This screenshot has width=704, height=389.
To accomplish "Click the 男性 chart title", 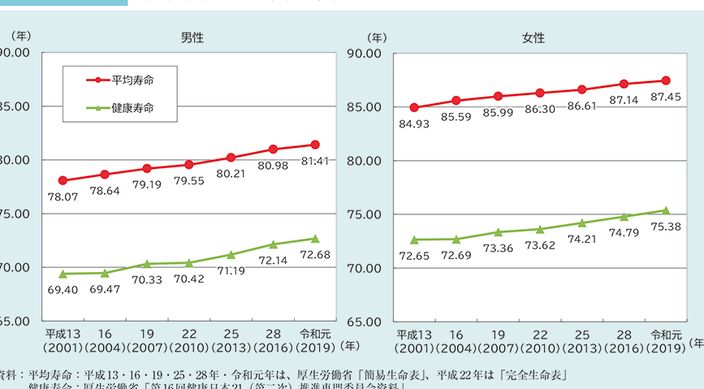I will point(192,37).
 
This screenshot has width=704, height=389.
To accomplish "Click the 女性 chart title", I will point(533,37).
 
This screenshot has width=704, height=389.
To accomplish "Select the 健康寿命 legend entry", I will point(132,107).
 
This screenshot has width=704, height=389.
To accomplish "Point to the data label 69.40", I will point(63,289).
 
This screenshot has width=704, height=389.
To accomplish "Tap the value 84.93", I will point(414,123).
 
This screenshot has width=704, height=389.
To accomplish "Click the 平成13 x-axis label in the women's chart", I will point(414,334).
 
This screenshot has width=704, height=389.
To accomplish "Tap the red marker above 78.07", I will point(63,180).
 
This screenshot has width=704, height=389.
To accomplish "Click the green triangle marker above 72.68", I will point(315,238).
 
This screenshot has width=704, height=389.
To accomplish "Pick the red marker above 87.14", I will point(624,84).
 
